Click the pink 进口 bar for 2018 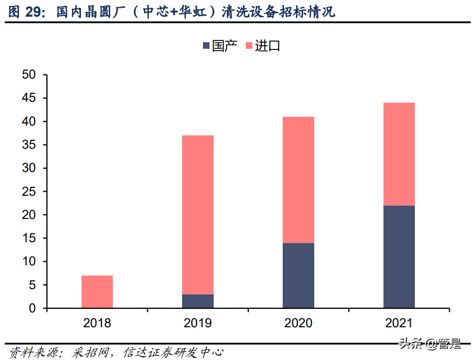97,292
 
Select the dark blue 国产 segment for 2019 198,301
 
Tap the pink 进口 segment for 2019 198,215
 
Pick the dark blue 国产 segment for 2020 298,276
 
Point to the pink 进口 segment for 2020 298,180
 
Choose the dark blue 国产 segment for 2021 399,257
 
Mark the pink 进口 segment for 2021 399,154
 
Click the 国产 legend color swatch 206,46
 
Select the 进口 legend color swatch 249,46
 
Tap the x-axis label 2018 97,323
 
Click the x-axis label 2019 198,323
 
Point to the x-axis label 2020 298,323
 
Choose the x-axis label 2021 399,323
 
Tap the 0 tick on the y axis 33,308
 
